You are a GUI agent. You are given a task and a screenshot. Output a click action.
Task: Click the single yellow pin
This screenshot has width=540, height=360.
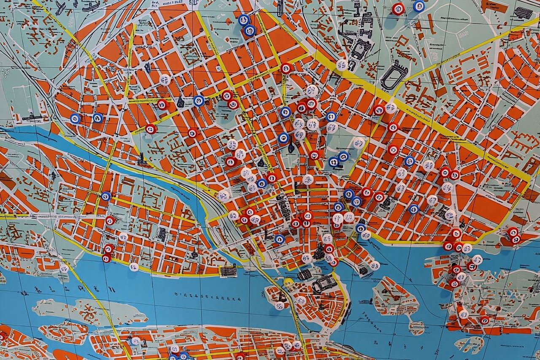tap(288, 282)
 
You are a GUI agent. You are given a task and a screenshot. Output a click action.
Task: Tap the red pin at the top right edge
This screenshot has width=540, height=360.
tap(398, 8)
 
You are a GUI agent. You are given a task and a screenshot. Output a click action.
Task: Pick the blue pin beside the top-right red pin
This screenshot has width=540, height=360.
tap(419, 6)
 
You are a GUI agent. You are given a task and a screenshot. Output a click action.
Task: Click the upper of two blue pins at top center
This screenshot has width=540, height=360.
tap(244, 19)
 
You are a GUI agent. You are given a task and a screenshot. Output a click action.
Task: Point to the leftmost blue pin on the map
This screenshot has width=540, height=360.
tap(75, 119)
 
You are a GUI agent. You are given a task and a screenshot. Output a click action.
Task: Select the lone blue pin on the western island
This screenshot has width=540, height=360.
tap(106, 196)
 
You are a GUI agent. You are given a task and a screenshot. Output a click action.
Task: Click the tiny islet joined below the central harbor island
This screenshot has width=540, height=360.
tap(416, 327)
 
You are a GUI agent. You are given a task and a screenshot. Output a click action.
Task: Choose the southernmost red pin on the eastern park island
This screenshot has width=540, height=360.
tap(484, 320)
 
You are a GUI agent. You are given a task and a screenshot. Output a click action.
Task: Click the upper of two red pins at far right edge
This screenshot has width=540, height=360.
tap(512, 232)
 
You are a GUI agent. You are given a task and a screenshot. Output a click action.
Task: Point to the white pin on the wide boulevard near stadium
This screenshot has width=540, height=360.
tap(342, 65)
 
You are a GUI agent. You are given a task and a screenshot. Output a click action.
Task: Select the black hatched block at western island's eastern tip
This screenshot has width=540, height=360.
tap(228, 270)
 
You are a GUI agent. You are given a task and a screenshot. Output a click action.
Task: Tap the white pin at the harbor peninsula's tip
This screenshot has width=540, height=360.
tap(375, 266)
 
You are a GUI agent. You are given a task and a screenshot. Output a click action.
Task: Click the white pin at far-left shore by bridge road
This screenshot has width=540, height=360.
tap(64, 268)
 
